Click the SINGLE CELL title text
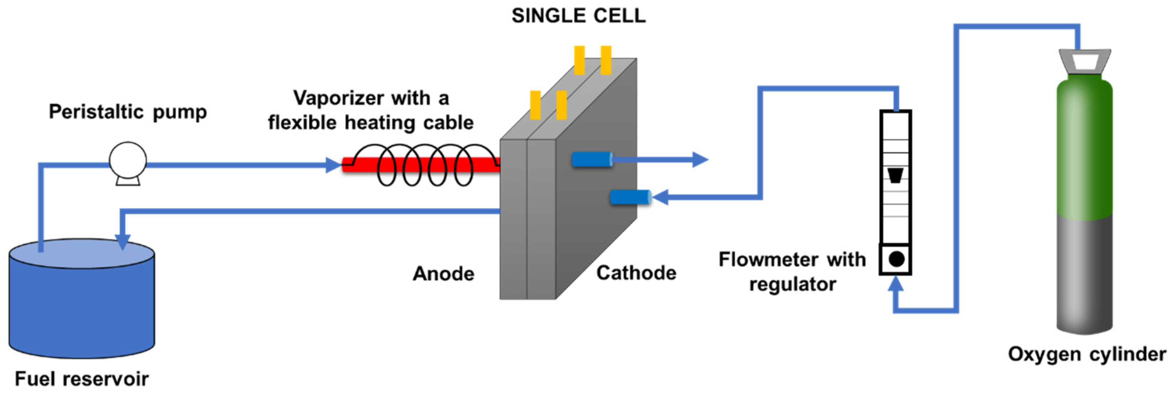[578, 16]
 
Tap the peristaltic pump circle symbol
[128, 160]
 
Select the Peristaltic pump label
[128, 112]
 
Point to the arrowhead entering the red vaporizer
[333, 165]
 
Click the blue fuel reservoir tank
[82, 309]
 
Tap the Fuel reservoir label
[82, 378]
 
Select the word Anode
[443, 274]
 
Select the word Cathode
[636, 273]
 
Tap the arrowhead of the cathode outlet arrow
[700, 160]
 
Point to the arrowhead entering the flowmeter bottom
[895, 284]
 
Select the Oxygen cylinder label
[1087, 354]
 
